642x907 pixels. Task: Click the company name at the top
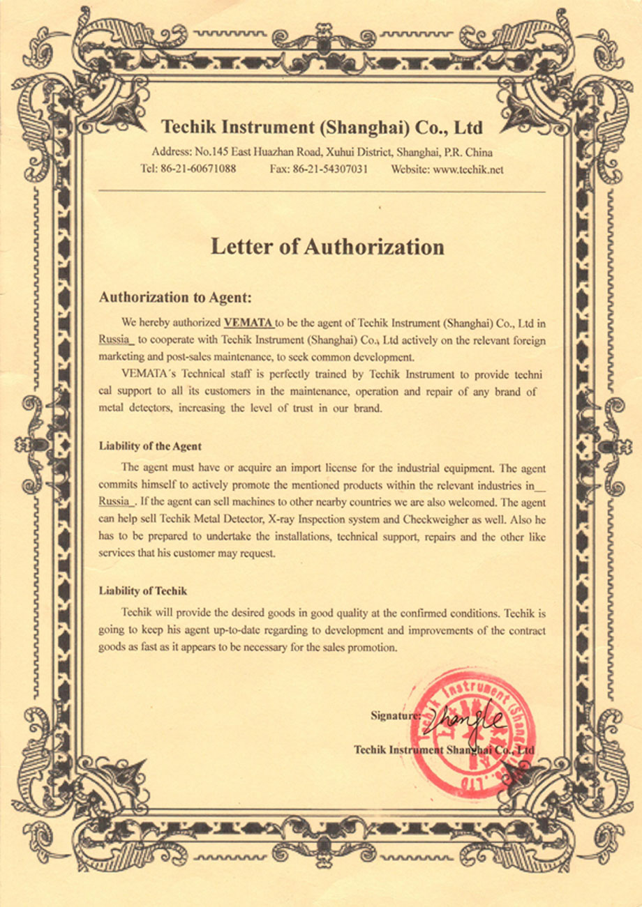(x=322, y=128)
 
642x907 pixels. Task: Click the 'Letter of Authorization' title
(x=327, y=247)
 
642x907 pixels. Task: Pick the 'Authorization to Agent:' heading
(x=174, y=297)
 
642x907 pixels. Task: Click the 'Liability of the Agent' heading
(x=150, y=446)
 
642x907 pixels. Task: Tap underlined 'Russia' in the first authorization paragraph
(x=114, y=340)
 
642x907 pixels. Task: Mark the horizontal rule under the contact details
(x=322, y=190)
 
